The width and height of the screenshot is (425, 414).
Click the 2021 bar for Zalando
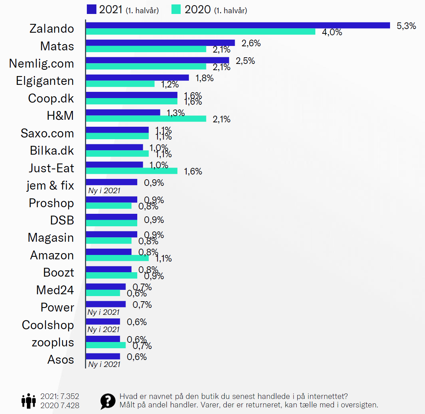(x=238, y=25)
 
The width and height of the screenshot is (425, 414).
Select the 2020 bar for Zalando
(x=201, y=32)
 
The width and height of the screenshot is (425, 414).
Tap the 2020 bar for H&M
(x=146, y=119)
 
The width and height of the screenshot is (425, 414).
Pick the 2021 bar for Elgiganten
(x=137, y=78)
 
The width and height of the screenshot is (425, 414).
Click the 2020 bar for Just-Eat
(x=132, y=171)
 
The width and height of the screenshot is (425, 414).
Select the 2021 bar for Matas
(x=160, y=43)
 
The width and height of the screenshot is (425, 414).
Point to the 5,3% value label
(x=406, y=26)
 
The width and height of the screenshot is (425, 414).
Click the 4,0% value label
(x=332, y=32)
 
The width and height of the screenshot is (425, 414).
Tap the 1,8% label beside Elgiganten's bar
(x=204, y=78)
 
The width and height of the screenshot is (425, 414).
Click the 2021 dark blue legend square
(x=91, y=9)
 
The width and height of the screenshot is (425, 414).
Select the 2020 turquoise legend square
(x=176, y=9)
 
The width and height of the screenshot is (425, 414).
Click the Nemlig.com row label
(x=42, y=64)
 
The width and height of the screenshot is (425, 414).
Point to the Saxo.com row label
(x=47, y=133)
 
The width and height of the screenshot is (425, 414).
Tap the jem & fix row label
(x=50, y=186)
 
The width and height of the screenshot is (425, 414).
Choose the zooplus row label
(x=53, y=342)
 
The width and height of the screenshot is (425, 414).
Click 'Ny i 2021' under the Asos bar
(x=104, y=364)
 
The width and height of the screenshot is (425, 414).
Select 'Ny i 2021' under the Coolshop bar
(x=103, y=330)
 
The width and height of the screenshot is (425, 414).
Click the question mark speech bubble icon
(x=108, y=401)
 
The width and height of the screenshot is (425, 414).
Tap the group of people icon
(x=28, y=401)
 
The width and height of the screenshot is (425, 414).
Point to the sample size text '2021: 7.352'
(x=60, y=396)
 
